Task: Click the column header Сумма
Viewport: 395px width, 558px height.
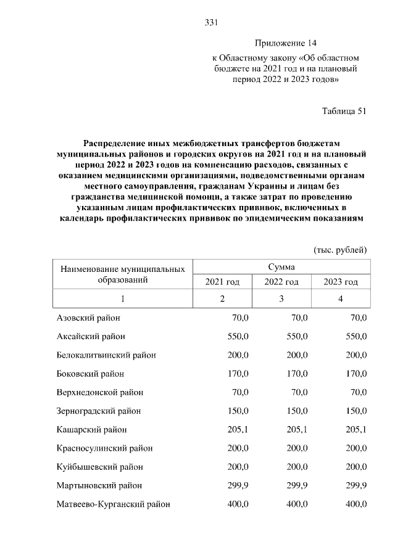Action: point(281,267)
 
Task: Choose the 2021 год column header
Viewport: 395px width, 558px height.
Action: point(222,282)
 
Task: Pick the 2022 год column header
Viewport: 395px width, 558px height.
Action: point(281,282)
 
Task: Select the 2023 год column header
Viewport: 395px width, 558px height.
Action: point(341,282)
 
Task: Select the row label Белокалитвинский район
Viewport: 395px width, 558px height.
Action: point(106,355)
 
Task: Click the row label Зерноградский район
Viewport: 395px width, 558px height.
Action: point(99,411)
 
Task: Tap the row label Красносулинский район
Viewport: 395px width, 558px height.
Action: point(104,448)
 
